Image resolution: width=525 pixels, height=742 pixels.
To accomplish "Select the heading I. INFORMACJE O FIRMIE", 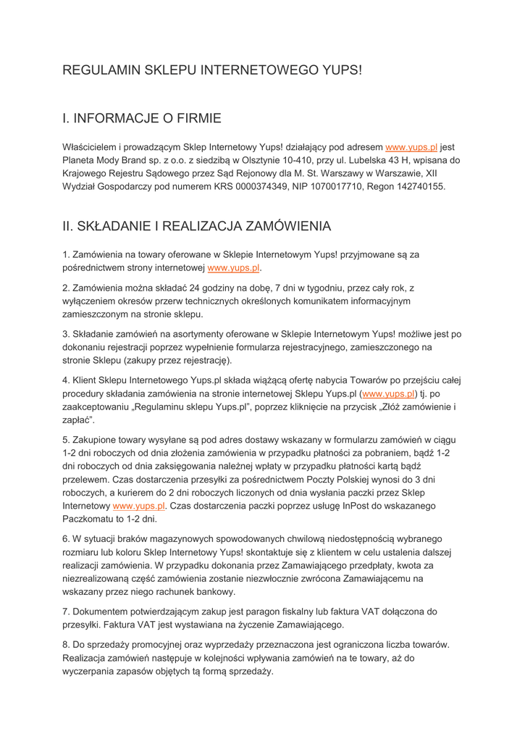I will click(x=142, y=117).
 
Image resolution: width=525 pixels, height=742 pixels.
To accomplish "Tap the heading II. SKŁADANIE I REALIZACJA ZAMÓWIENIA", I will click(x=197, y=226).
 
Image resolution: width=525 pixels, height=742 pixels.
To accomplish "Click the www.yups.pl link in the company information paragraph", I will click(x=411, y=147).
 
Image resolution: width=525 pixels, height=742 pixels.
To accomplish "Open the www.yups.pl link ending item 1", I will click(x=233, y=268).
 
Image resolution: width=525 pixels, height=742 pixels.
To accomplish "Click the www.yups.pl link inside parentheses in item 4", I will click(x=388, y=393).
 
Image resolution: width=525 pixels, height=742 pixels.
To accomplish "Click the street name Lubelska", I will click(x=398, y=160).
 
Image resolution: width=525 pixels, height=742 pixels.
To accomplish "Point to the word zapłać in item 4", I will click(x=77, y=420).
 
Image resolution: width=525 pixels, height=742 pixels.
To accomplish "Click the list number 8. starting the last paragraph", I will click(x=67, y=644).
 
